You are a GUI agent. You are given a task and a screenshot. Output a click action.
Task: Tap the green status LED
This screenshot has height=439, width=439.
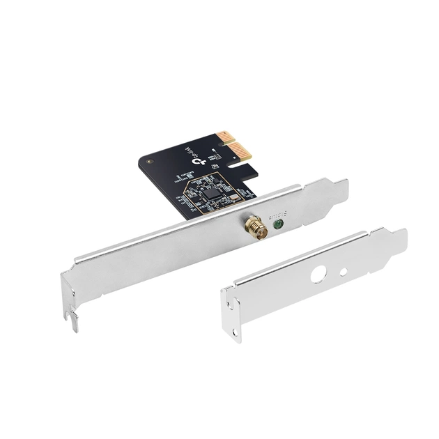(x=279, y=224)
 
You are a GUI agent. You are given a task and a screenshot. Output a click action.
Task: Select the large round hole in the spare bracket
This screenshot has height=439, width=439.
(x=318, y=274)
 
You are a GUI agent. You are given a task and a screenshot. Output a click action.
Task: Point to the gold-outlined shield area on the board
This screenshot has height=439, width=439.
(x=209, y=192)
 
